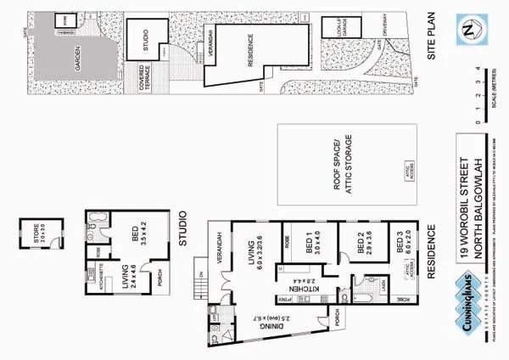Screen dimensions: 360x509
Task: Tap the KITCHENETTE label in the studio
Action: (101, 278)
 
